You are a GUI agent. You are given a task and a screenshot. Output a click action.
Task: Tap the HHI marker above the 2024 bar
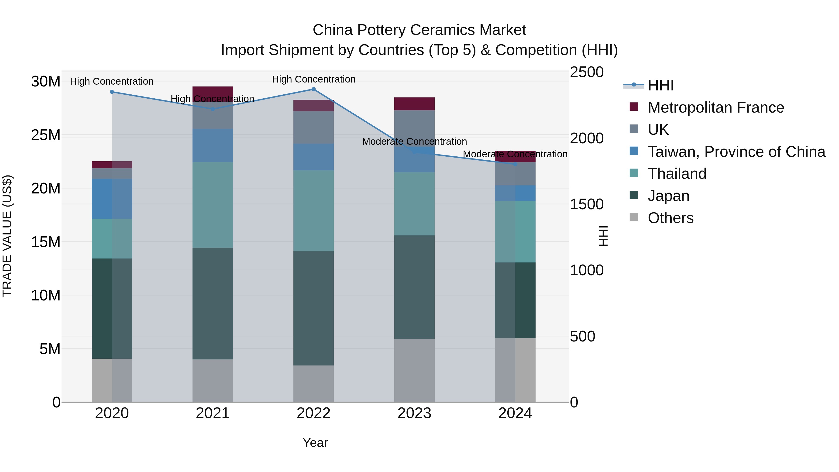tap(515, 164)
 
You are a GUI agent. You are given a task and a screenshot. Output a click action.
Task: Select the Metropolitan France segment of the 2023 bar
tap(414, 103)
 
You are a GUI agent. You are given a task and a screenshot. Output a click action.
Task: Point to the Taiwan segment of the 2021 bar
tap(213, 145)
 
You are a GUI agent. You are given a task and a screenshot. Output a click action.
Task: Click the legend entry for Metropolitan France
tap(715, 107)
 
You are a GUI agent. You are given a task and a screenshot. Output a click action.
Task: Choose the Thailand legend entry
tap(677, 174)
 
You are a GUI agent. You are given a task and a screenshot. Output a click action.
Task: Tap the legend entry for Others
tap(670, 218)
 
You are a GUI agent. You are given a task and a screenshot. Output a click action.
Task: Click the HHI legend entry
tap(660, 85)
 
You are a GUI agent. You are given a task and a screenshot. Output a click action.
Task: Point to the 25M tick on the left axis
tap(46, 135)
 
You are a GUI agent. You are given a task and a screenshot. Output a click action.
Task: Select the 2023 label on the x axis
tap(414, 413)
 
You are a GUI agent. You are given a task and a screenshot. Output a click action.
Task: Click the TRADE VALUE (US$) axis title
tap(7, 236)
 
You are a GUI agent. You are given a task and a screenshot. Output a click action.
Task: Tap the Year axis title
tap(315, 443)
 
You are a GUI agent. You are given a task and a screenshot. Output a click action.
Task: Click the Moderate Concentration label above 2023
tap(414, 141)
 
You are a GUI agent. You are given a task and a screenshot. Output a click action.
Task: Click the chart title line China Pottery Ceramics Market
tap(419, 30)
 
